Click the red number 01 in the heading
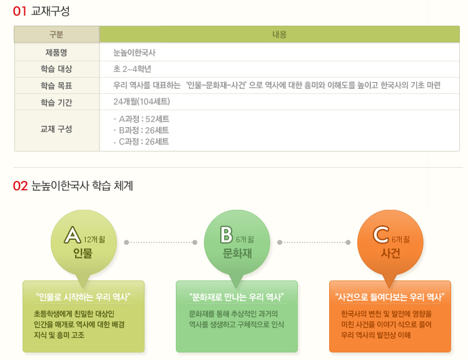click(x=19, y=11)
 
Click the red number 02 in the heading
click(x=20, y=186)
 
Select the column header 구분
click(x=56, y=34)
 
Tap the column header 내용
click(x=280, y=34)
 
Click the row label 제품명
click(x=56, y=53)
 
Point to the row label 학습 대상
click(x=56, y=69)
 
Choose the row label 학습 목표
click(x=56, y=86)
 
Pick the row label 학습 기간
click(x=56, y=103)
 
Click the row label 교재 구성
click(x=56, y=129)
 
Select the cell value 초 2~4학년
click(x=132, y=69)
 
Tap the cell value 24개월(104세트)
click(x=141, y=101)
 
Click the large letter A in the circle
click(x=73, y=235)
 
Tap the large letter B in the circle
click(x=226, y=235)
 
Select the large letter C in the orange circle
click(x=381, y=235)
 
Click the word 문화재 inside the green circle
click(x=237, y=254)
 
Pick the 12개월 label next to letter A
click(x=94, y=240)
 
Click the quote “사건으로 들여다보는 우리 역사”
click(x=390, y=297)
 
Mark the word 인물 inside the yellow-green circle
click(x=83, y=254)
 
